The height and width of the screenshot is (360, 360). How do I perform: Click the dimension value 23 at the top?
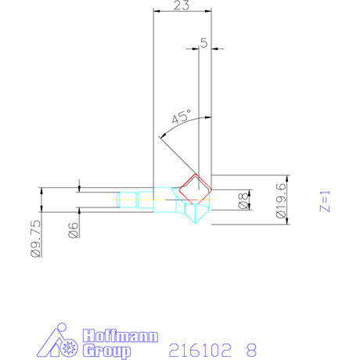pyautogui.click(x=182, y=6)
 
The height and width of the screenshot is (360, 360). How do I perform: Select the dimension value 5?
pyautogui.click(x=203, y=43)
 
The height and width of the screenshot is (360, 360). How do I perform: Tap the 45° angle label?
pyautogui.click(x=182, y=117)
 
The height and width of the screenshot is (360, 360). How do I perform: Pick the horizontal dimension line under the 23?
pyautogui.click(x=182, y=12)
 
